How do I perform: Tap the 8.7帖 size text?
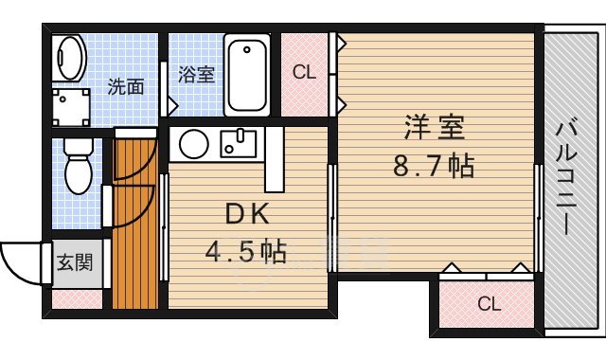434,167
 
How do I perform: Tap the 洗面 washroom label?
125,87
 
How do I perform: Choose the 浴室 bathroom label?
197,75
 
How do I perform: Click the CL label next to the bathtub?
303,71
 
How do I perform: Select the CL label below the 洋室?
487,304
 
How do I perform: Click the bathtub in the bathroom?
248,74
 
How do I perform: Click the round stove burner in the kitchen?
194,145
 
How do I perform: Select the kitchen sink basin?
238,145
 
